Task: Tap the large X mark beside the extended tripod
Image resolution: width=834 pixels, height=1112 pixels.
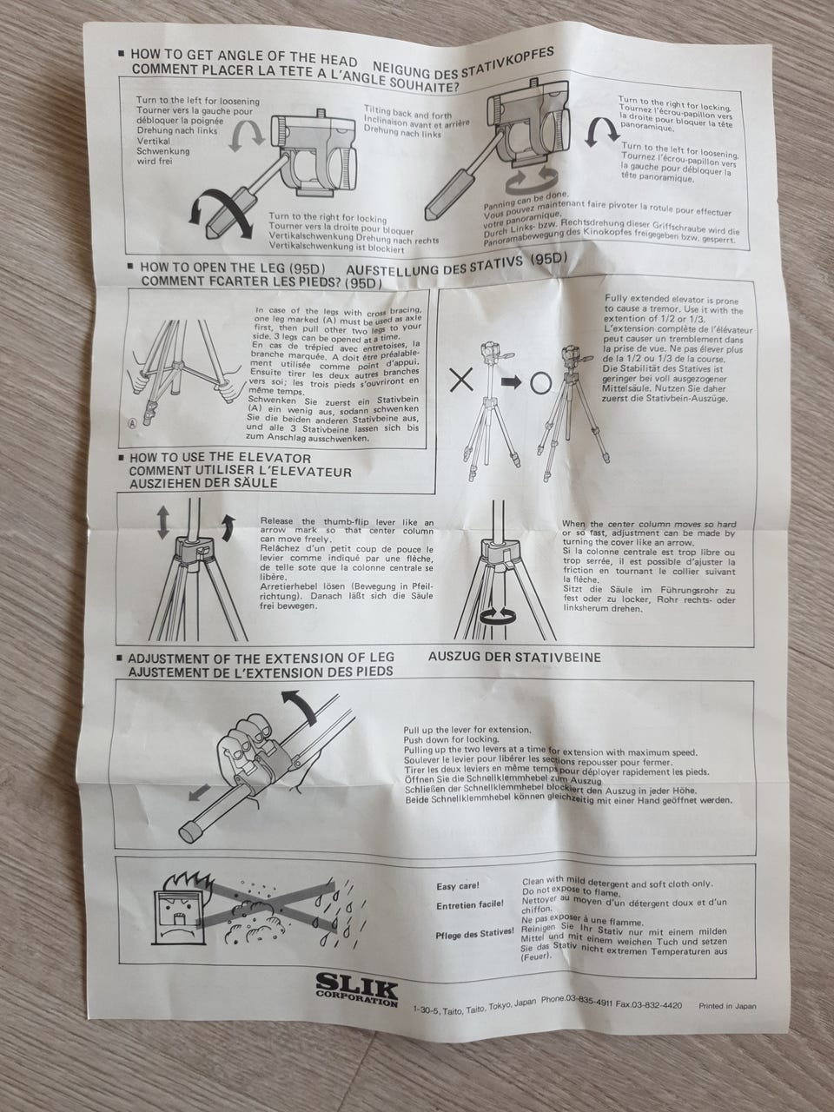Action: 461,380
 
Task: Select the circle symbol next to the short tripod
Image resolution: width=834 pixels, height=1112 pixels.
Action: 540,384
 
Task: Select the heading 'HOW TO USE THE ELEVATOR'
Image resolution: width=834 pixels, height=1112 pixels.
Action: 221,459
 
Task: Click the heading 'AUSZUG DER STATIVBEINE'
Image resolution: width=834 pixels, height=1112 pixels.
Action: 514,657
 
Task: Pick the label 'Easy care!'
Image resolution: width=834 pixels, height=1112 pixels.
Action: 458,887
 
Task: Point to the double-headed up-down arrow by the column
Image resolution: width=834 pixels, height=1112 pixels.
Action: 162,523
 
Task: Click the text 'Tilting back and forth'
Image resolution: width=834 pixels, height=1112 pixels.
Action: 407,112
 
